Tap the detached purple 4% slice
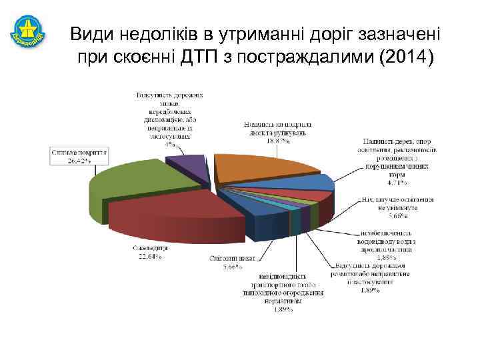(x=186, y=164)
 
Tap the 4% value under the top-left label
(x=171, y=143)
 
